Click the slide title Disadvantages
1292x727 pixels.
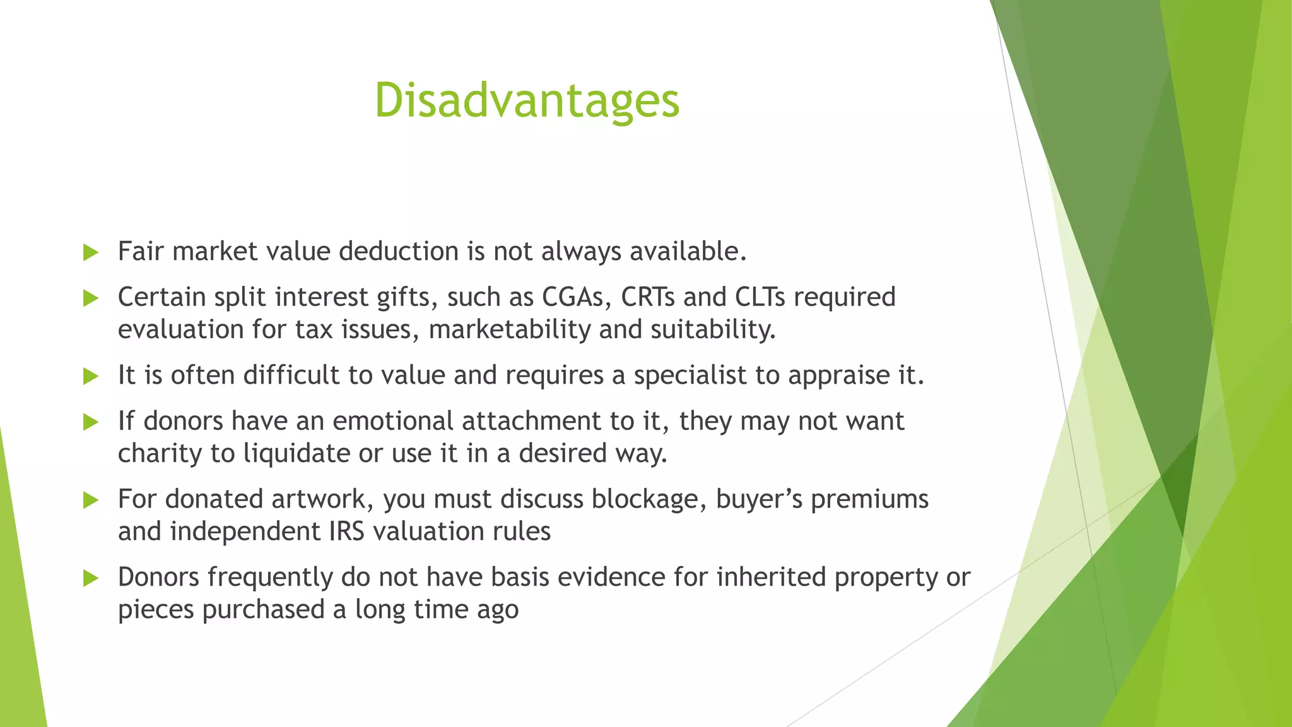coord(527,101)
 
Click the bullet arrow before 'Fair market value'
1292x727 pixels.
coord(91,253)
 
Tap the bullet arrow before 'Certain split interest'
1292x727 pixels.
coord(91,298)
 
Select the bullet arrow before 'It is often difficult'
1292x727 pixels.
coord(91,377)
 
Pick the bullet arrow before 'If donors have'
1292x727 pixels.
coord(91,422)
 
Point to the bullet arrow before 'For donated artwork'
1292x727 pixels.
coord(91,500)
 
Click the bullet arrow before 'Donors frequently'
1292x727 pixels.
coord(91,578)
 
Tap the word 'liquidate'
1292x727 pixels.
coord(297,454)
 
